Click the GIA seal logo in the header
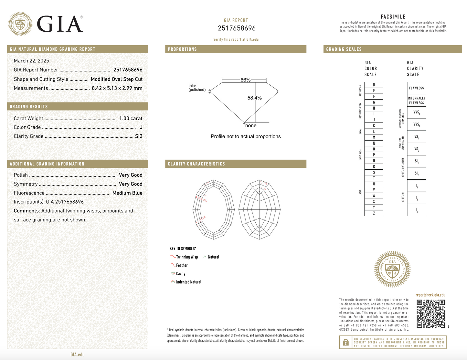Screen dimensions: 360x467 coord(20,24)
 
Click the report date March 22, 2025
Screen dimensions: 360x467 coord(31,61)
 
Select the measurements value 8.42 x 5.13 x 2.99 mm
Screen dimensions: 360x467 coord(117,88)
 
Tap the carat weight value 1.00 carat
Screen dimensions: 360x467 coord(131,119)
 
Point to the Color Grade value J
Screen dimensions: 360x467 coord(141,127)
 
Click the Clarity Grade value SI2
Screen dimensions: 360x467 coord(139,136)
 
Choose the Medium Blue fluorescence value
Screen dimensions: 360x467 coord(127,193)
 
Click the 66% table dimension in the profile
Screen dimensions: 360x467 coord(245,80)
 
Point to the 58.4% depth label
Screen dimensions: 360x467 coord(254,98)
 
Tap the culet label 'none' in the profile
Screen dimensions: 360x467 coord(251,126)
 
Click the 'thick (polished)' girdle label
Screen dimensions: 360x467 coord(197,88)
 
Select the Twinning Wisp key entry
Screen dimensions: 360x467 coord(186,257)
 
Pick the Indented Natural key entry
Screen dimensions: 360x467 coord(188,282)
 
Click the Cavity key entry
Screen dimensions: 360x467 coord(180,274)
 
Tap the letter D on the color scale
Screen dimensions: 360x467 coord(374,85)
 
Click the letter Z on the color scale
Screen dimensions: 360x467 coord(374,213)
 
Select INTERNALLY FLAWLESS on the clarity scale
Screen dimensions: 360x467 coord(416,101)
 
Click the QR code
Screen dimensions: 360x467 coord(430,314)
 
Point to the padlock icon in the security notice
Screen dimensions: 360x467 coord(345,342)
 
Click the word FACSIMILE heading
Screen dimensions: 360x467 coord(393,17)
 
